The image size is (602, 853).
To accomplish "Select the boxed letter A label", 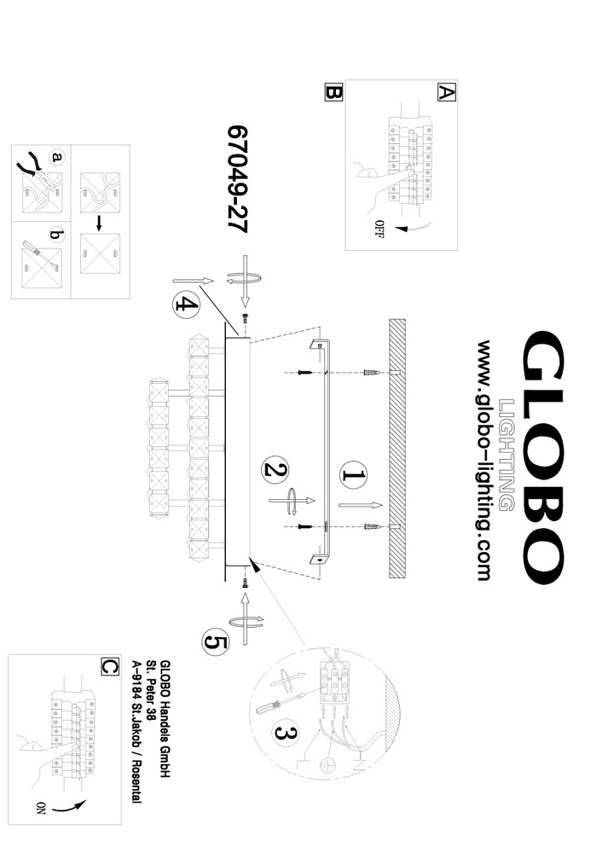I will point(445,92).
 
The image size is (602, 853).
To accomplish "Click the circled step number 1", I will point(354,475).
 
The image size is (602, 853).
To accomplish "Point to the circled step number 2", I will point(276,470).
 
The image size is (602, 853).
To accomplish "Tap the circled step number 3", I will point(287,732).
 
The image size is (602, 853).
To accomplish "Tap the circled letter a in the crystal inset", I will point(57,158).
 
